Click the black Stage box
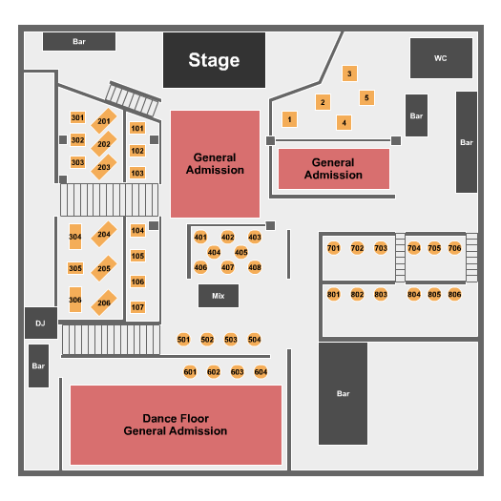coord(214,60)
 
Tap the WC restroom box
coord(440,58)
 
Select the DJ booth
coord(40,324)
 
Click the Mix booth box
coord(219,296)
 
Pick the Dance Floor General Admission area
coord(176,425)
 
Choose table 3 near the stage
coord(349,73)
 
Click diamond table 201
coord(103,122)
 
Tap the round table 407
coord(227,267)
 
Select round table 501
coord(184,339)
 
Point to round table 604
coord(261,371)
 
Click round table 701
coord(333,248)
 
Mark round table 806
coord(454,294)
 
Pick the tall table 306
coord(75,302)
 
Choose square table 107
coord(137,307)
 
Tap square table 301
coord(77,117)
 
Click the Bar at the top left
coord(79,41)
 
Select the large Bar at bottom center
coord(343,393)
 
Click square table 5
coord(366,97)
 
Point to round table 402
coord(227,237)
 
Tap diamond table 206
coord(103,303)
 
